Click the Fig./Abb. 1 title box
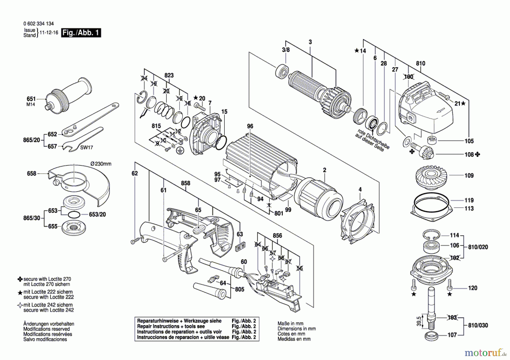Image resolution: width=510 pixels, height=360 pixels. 81,33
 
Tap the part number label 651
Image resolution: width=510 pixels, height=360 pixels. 31,99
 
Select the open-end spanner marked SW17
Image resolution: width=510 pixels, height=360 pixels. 82,139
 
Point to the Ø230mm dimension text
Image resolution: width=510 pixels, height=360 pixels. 101,164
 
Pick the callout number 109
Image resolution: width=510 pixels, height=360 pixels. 469,176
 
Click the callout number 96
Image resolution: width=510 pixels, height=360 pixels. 250,126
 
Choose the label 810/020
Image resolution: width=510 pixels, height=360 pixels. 478,247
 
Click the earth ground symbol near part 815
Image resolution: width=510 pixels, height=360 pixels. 180,151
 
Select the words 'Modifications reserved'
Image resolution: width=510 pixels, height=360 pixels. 46,329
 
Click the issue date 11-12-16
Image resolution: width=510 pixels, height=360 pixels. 49,33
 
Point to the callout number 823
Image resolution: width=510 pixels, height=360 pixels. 169,75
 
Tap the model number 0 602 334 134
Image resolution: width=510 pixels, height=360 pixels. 39,24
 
